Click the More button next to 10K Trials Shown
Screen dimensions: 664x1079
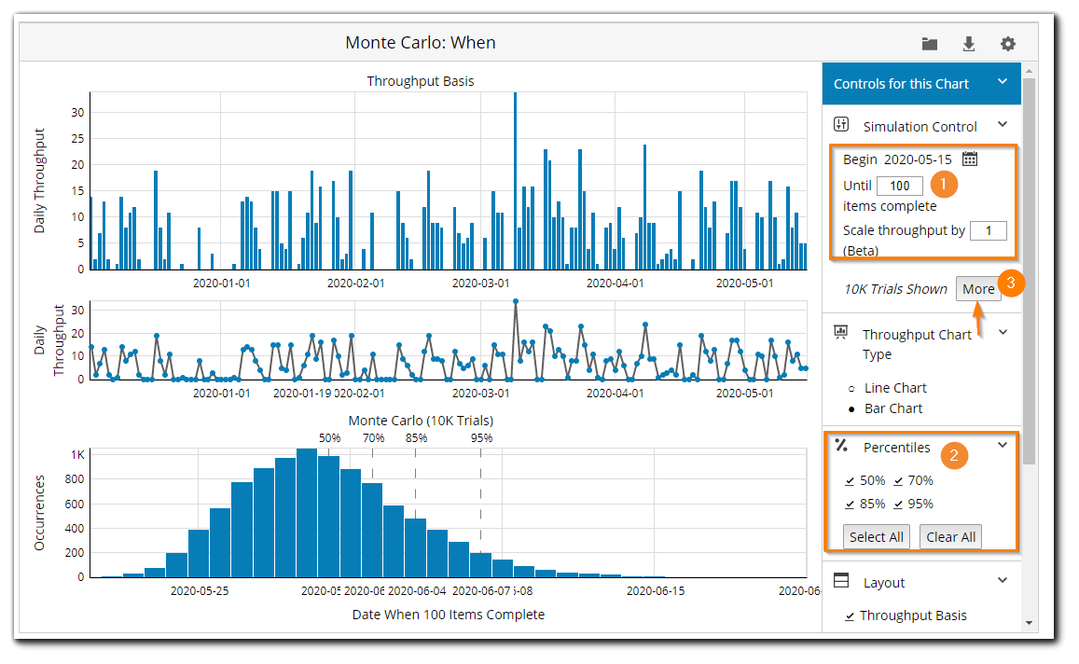[978, 289]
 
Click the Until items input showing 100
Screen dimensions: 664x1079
[899, 186]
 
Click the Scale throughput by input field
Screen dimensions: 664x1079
[989, 230]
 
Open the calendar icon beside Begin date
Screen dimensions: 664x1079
[970, 159]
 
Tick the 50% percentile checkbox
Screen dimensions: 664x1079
[850, 481]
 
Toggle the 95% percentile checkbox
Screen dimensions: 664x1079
[898, 505]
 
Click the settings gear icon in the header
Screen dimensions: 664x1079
[1008, 44]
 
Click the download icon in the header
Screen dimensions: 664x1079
[969, 44]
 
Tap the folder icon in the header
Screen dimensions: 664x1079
[930, 44]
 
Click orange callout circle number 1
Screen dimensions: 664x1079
[944, 185]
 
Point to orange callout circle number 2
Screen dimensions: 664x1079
[952, 455]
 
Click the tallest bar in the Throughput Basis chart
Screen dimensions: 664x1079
[515, 181]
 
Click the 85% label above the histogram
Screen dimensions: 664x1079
[416, 437]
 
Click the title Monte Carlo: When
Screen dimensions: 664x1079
[421, 43]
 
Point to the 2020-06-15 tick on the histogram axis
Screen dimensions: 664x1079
[656, 590]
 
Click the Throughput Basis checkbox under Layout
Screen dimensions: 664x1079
[850, 616]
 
